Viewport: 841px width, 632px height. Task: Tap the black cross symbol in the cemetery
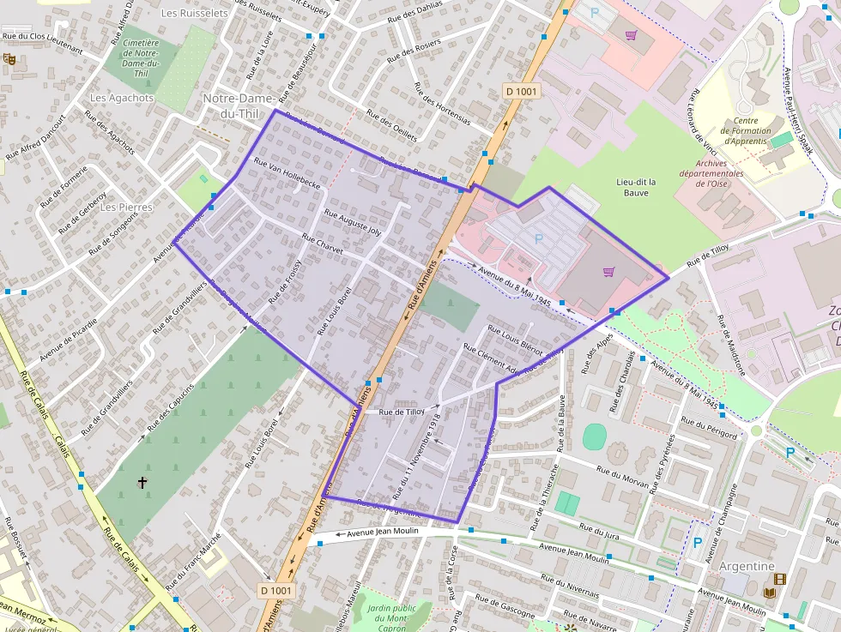click(x=142, y=484)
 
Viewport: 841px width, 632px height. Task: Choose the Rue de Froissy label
click(x=285, y=282)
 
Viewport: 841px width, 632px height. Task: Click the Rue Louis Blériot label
click(x=515, y=339)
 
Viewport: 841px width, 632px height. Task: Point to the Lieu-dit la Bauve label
click(x=636, y=187)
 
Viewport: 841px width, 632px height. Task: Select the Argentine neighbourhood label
click(x=747, y=566)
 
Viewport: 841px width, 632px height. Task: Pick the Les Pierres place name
click(x=126, y=208)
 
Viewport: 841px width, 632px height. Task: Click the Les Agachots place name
click(x=121, y=98)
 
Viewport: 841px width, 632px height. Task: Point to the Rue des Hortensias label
click(x=442, y=103)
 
